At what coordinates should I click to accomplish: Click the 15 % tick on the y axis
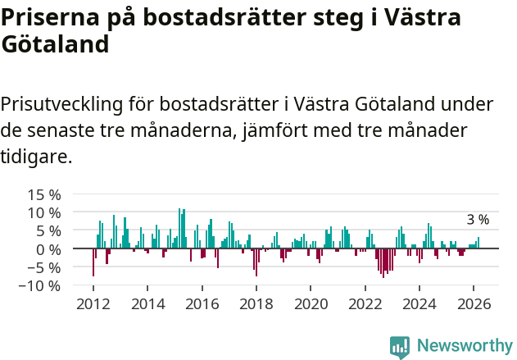tap(44, 195)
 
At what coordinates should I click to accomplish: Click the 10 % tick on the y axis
tap(44, 213)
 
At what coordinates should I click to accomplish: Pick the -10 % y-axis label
tap(42, 286)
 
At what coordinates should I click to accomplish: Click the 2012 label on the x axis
tap(93, 303)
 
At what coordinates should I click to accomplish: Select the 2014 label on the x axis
tap(147, 303)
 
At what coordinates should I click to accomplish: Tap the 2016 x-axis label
tap(202, 303)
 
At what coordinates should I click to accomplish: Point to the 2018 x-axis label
tap(256, 303)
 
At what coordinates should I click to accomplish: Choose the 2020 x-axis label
tap(311, 303)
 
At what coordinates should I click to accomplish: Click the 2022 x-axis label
tap(365, 303)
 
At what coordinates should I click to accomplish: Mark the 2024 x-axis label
tap(419, 303)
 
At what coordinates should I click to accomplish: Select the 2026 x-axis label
tap(474, 303)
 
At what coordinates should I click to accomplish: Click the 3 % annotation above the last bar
tap(478, 220)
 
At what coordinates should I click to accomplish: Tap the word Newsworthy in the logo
tap(465, 346)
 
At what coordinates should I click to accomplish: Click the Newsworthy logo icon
tap(400, 347)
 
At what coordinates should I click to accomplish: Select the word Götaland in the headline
tap(55, 44)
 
